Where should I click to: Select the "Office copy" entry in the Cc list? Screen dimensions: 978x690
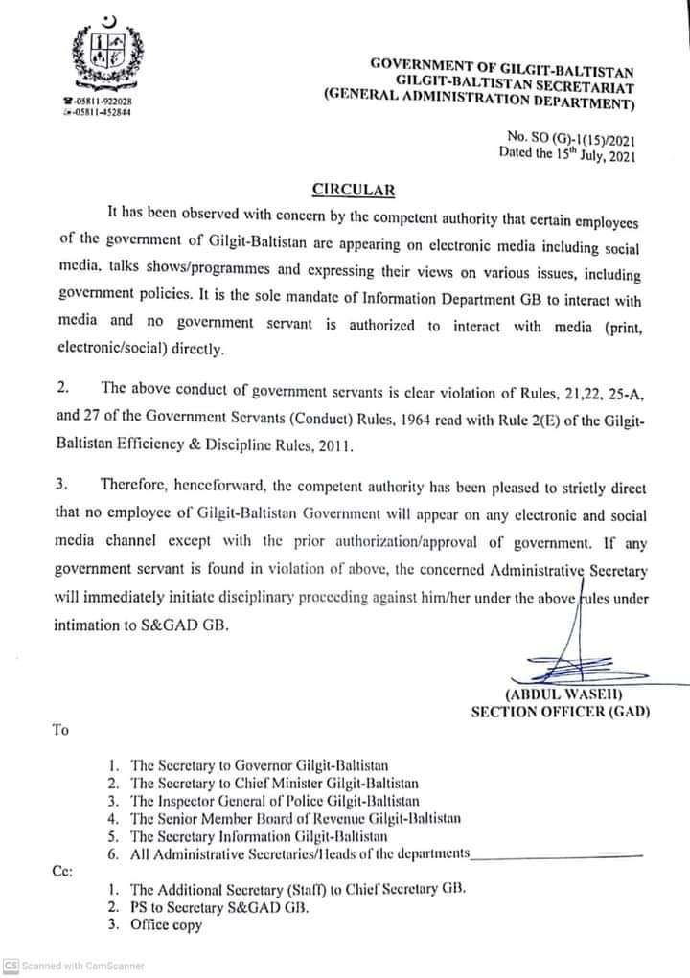coord(166,924)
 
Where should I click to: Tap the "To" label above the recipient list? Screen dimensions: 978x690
coord(60,730)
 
